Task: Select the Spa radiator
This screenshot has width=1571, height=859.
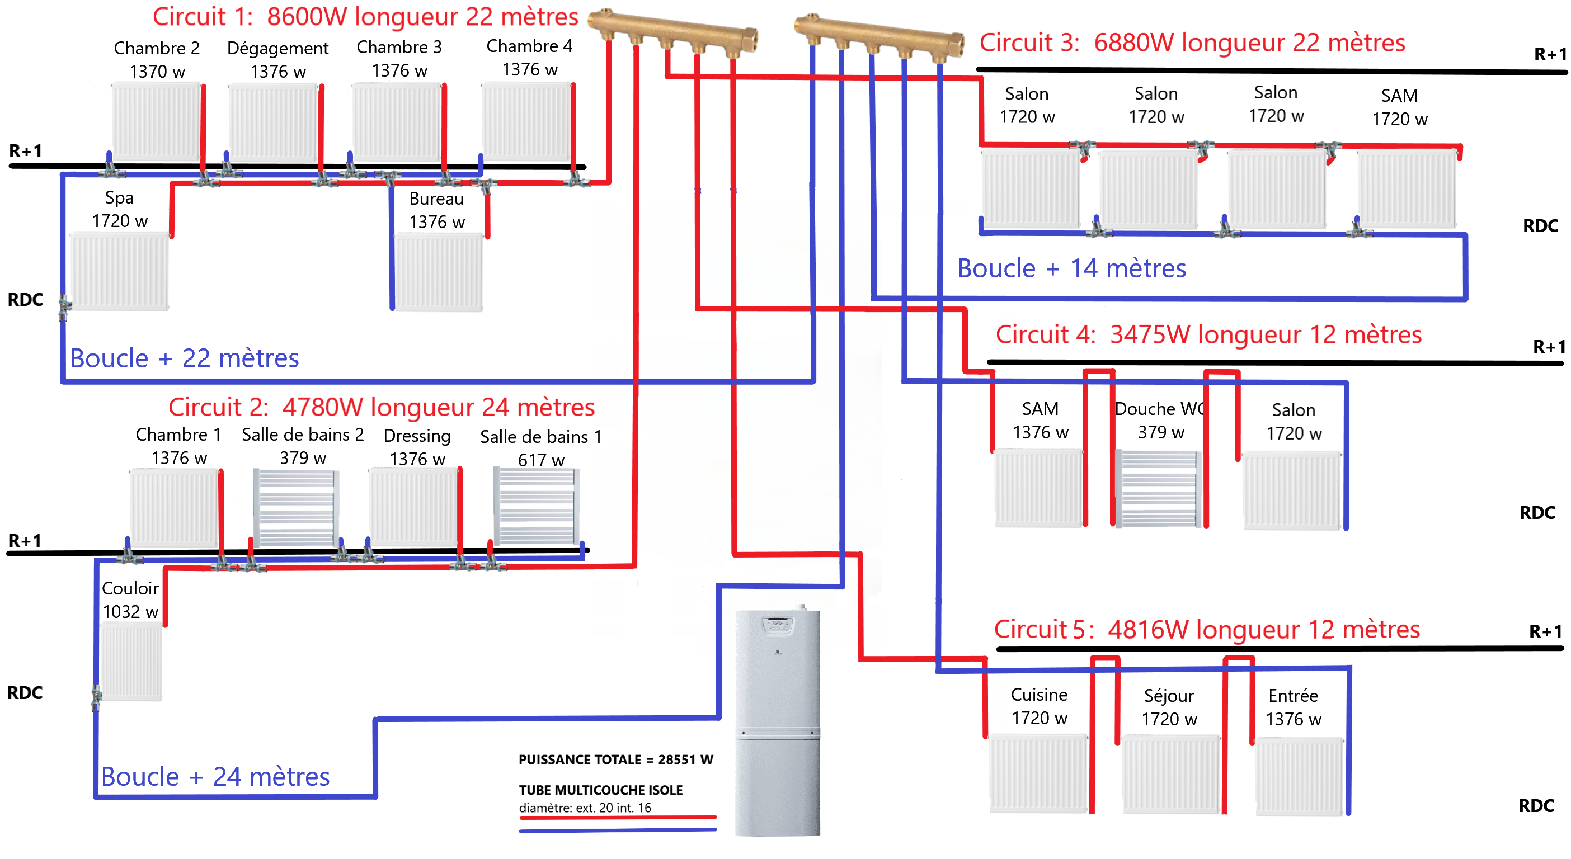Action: click(x=120, y=271)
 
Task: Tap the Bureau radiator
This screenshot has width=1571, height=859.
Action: click(x=439, y=272)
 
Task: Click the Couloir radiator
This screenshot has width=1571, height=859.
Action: click(x=131, y=662)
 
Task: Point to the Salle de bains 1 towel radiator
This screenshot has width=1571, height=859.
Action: click(x=536, y=506)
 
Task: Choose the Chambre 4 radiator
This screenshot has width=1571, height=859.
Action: click(x=526, y=121)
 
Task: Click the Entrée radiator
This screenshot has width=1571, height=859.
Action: click(x=1299, y=776)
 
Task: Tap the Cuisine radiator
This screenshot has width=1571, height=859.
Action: click(x=1038, y=773)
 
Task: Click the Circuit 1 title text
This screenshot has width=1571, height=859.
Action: click(x=365, y=16)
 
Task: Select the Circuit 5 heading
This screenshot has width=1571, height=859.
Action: click(x=1206, y=629)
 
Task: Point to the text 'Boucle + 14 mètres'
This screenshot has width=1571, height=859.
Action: click(x=1071, y=268)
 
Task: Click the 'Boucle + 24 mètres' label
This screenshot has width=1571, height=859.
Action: click(x=215, y=777)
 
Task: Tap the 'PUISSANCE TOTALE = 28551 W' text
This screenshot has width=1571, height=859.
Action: click(x=615, y=759)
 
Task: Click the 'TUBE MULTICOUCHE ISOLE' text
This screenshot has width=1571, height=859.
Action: click(x=600, y=790)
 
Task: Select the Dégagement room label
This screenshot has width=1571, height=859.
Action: click(x=277, y=48)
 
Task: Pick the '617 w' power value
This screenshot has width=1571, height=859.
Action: click(x=540, y=460)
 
